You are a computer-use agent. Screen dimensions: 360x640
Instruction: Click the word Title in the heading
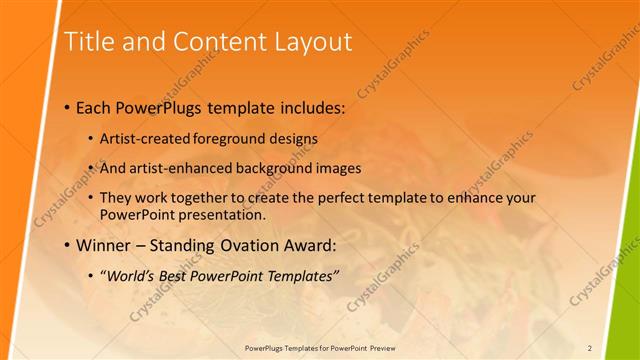87,42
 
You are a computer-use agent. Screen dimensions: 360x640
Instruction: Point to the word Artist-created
143,138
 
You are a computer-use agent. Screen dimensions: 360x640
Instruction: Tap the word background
277,168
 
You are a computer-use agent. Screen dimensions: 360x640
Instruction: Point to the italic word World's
133,275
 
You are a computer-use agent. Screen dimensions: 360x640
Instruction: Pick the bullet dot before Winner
66,246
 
